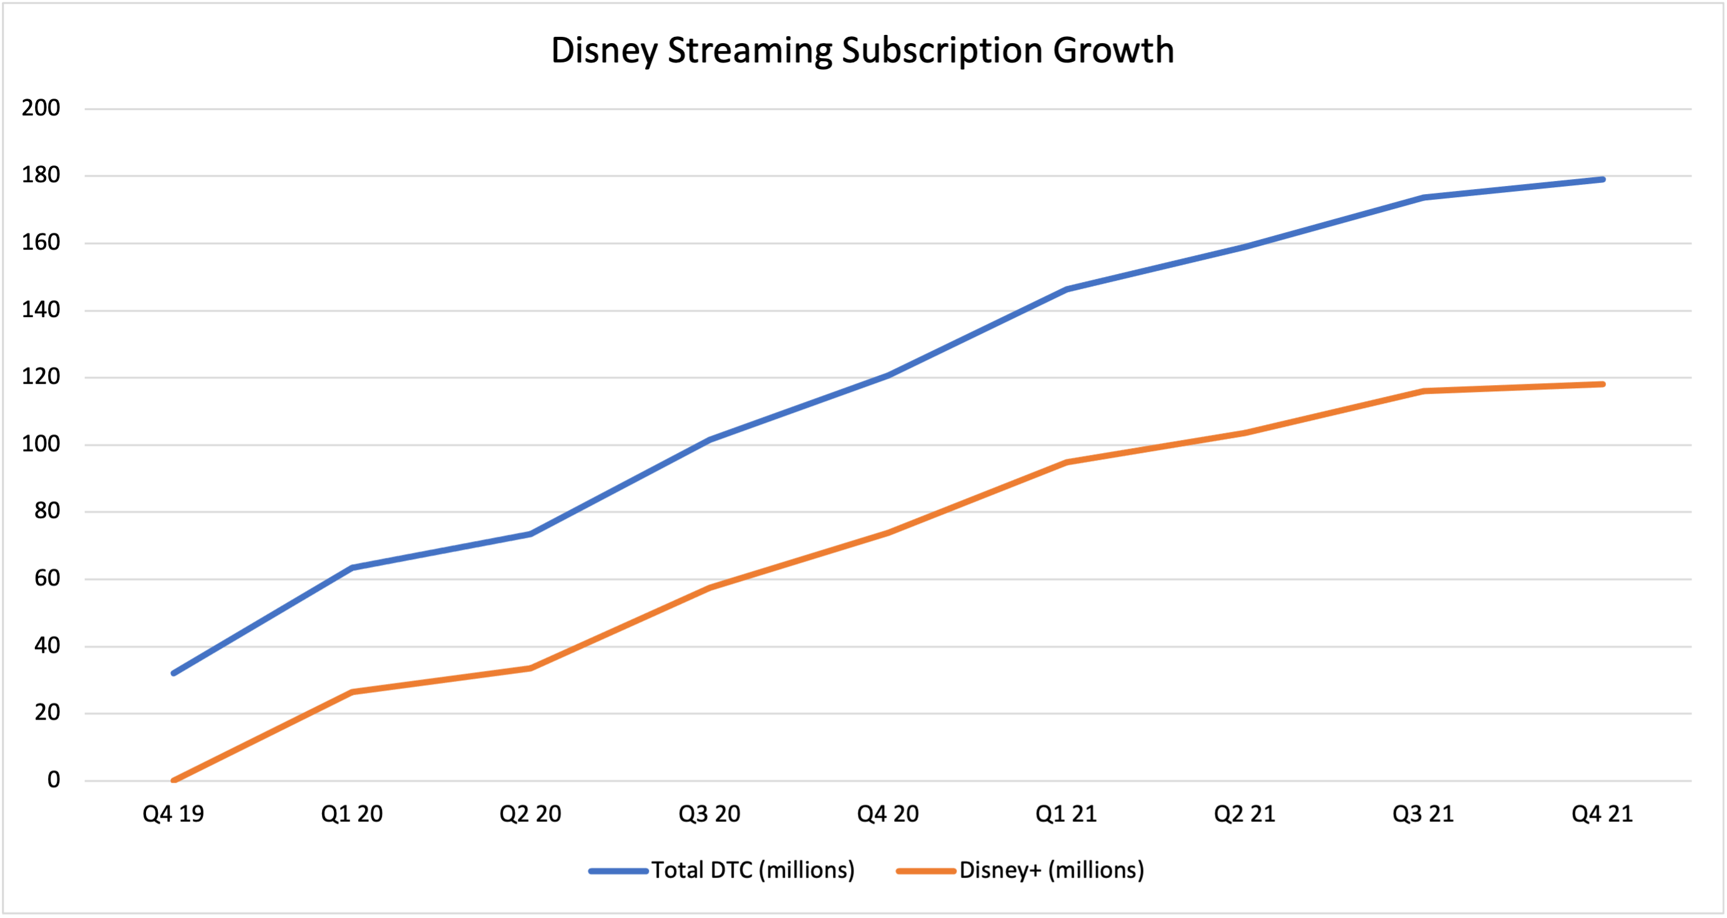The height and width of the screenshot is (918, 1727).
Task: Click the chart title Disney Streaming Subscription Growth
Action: tap(862, 51)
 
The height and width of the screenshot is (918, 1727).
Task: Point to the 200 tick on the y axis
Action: tap(41, 108)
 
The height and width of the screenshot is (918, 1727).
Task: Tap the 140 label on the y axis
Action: tap(41, 310)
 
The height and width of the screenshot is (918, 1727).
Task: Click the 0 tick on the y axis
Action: tap(54, 780)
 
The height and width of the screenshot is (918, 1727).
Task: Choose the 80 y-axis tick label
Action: tap(47, 511)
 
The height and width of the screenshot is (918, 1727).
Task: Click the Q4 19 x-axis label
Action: tap(173, 814)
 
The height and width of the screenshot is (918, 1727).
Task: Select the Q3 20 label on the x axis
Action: tap(709, 814)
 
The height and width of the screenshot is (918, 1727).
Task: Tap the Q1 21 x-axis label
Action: tap(1066, 814)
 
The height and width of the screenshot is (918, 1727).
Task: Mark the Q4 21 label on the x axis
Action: tap(1602, 814)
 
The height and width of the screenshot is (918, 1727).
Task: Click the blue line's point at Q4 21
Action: tap(1602, 180)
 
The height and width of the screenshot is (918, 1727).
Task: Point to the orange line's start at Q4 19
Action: tap(173, 781)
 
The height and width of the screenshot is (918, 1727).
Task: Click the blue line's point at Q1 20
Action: tap(352, 568)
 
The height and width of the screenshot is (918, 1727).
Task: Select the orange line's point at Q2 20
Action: tap(530, 668)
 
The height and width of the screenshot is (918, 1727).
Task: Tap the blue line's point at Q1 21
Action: tap(1066, 290)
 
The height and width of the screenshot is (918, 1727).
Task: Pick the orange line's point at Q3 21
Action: tap(1423, 391)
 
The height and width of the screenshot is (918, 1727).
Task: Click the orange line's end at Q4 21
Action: tap(1602, 384)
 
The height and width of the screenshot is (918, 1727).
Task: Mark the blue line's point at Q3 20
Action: tap(709, 440)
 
